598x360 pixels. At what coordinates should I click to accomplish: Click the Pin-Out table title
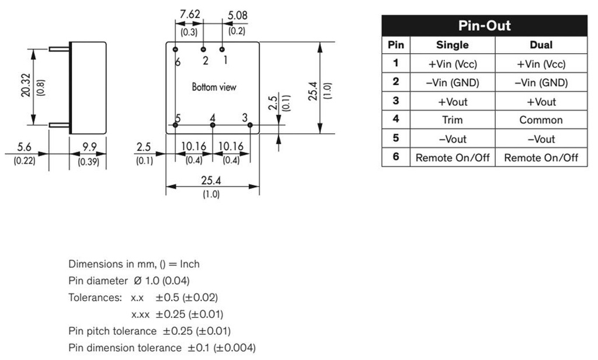coord(484,26)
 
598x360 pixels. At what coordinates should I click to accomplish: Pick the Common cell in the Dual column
coord(541,120)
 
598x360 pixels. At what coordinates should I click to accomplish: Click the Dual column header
coord(541,45)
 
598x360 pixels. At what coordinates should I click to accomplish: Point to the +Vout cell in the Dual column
coord(541,102)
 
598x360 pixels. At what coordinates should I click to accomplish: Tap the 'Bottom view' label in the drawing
coord(214,87)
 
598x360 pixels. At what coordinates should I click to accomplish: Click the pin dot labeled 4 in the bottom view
coord(213,124)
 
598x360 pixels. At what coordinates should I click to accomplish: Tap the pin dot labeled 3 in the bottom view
coord(249,124)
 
